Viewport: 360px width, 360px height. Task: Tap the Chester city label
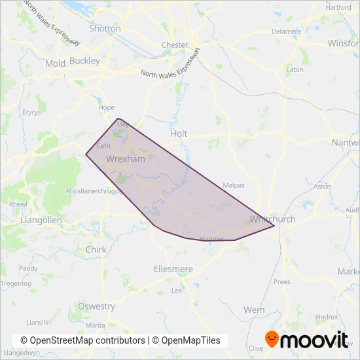point(175,45)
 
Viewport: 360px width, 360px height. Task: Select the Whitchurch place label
point(272,219)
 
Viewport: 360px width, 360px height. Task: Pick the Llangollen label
point(41,221)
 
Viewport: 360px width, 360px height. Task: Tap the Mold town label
point(56,63)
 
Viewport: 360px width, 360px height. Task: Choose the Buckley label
point(84,61)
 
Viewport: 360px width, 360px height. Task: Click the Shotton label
point(105,29)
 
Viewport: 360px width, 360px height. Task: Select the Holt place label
point(179,134)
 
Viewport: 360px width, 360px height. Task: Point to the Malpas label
point(234,185)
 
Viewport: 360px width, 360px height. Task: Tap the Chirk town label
point(96,249)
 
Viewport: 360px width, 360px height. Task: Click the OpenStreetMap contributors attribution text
point(83,340)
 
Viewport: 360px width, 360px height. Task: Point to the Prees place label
point(281,282)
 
